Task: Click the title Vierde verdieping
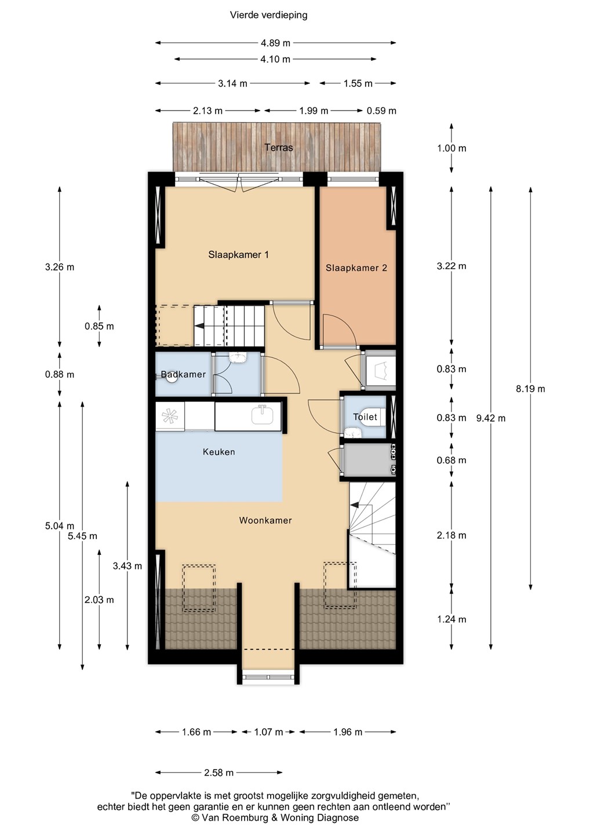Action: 268,15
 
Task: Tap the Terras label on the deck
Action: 279,148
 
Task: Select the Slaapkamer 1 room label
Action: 238,255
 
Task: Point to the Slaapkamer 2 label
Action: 356,268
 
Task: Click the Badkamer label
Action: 183,374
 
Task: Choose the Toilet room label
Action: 365,417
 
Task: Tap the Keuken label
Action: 219,452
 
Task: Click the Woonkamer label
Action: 265,520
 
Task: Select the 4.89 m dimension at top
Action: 275,43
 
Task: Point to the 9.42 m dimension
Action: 491,418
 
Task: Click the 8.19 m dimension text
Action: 530,389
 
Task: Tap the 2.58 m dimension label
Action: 218,773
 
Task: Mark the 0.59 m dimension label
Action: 381,111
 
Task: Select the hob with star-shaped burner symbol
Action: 170,416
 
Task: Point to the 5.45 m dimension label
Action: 82,536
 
